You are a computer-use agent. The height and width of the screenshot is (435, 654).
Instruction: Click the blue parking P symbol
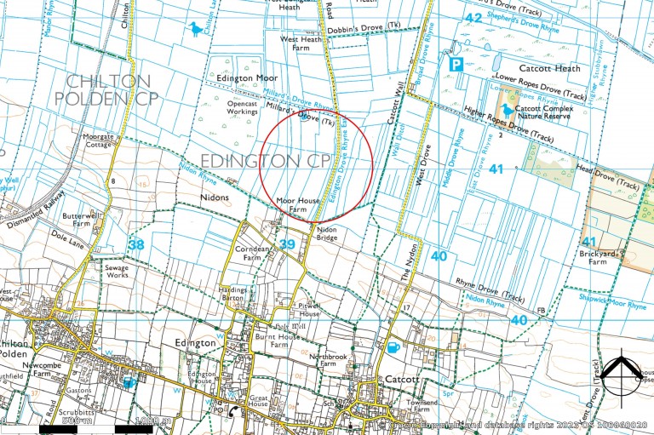456,63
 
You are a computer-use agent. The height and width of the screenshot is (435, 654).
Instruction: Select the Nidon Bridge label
327,234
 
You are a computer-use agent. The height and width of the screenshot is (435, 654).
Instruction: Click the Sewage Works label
117,272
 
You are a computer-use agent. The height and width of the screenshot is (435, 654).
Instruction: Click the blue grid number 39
287,245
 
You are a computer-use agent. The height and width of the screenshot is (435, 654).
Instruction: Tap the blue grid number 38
135,245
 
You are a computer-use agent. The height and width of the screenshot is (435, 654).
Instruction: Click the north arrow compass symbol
621,373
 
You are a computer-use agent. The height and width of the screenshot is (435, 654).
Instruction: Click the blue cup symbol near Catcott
393,348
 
